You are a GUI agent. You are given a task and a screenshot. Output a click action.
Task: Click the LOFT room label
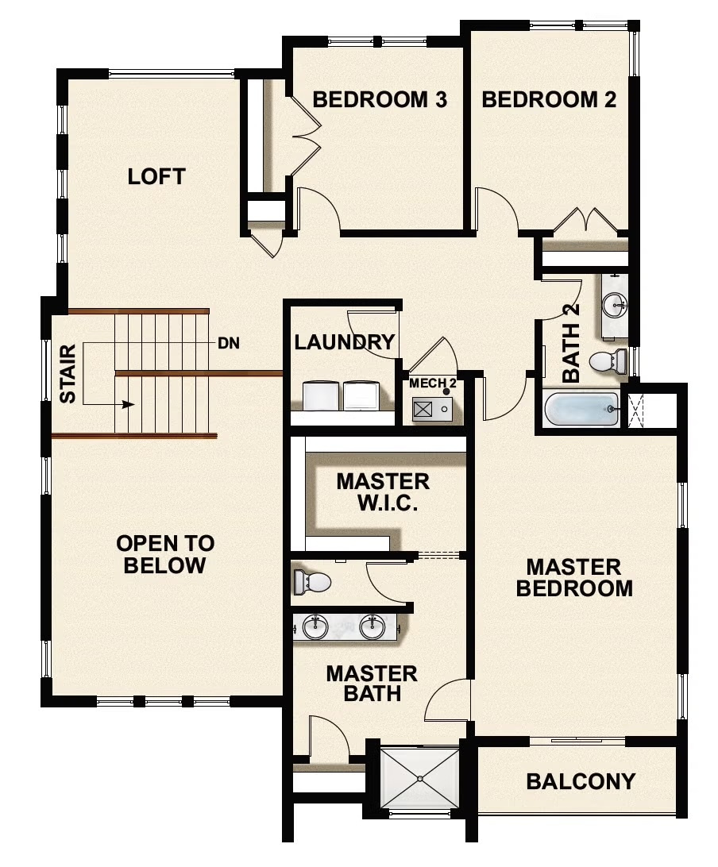click(x=156, y=176)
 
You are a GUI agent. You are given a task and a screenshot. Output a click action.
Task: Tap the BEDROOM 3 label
click(x=380, y=100)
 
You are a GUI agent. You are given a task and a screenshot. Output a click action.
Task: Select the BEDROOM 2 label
click(x=549, y=100)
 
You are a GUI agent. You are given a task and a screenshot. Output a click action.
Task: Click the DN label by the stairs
click(x=229, y=344)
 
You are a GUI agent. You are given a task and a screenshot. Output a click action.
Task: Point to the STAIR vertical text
click(x=68, y=373)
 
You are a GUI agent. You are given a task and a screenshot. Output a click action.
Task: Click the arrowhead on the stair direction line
click(x=128, y=404)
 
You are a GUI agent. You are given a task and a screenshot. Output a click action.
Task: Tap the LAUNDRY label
click(x=344, y=342)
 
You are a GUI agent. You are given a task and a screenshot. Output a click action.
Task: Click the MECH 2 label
click(x=432, y=383)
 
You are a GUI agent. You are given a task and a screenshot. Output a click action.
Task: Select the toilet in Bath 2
click(x=608, y=362)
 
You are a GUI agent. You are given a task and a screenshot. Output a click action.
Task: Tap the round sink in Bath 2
click(x=613, y=303)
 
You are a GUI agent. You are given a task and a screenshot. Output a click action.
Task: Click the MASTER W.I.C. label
click(x=383, y=492)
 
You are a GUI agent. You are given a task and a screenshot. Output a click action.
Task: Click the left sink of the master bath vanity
click(x=315, y=627)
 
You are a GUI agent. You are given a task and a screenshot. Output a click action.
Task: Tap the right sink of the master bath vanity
click(x=373, y=627)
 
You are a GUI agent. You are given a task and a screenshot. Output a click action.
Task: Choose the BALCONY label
click(x=581, y=781)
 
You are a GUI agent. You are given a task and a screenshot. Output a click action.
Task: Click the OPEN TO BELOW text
click(x=165, y=554)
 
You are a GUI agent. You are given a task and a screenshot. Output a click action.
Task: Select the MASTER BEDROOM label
click(x=573, y=577)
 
